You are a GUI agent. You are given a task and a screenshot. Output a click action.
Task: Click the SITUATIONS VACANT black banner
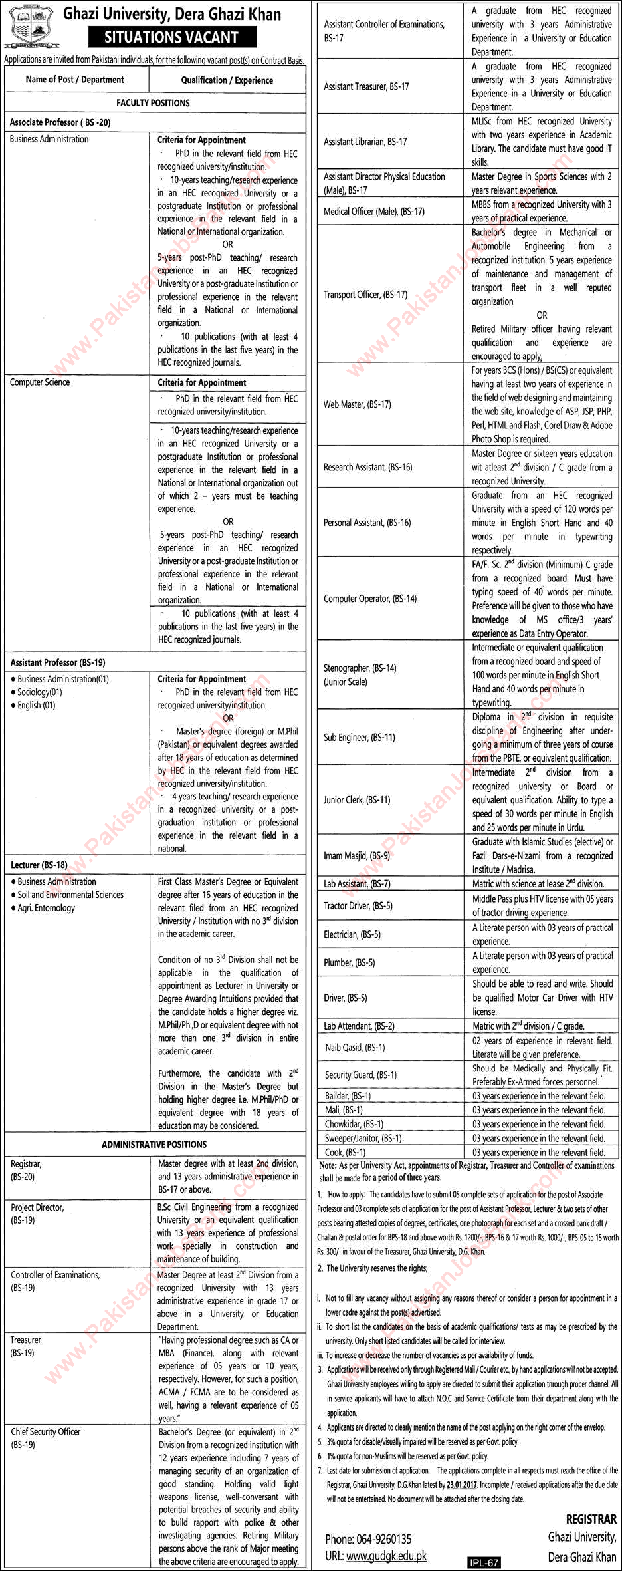[x=171, y=37]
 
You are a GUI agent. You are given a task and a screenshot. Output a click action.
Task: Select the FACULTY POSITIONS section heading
[x=153, y=103]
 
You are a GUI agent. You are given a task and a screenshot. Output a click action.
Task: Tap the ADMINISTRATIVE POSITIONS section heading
[x=154, y=1144]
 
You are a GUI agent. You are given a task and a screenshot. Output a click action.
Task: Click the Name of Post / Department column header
[x=75, y=80]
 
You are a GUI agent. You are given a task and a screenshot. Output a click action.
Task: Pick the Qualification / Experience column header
[x=227, y=80]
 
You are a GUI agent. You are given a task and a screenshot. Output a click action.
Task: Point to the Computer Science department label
[x=40, y=382]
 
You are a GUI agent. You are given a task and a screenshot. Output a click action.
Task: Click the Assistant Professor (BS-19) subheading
[x=58, y=662]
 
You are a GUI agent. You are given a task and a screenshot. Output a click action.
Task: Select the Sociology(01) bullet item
[x=40, y=692]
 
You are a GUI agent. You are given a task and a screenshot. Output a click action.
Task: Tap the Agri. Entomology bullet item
[x=47, y=908]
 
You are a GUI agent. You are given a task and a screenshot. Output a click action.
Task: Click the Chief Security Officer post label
[x=45, y=1431]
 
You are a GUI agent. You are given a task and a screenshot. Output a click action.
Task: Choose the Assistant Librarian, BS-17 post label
[x=365, y=142]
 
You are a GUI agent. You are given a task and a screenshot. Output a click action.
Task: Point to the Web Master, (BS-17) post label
[x=358, y=404]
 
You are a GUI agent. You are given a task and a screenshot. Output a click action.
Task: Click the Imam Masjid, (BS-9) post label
[x=357, y=856]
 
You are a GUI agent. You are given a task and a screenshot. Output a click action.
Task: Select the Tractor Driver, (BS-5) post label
[x=358, y=906]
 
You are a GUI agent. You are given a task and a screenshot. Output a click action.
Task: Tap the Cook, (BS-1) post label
[x=346, y=1152]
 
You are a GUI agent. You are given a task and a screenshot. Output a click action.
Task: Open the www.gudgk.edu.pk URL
[x=386, y=1556]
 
